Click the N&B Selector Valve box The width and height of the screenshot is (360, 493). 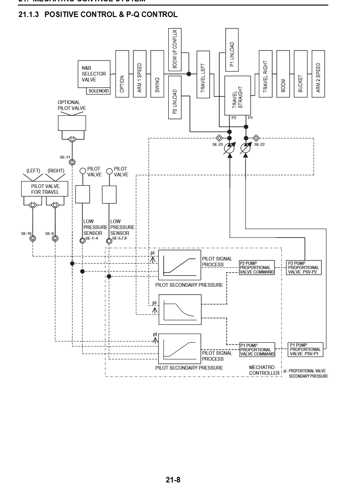[94, 74]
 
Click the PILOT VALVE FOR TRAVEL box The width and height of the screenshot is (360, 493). [45, 189]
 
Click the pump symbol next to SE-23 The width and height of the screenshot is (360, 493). [230, 147]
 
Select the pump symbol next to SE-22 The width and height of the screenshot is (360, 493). [246, 147]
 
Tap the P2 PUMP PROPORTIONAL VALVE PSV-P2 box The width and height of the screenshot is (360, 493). [303, 267]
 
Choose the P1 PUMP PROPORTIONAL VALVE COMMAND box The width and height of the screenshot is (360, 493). [257, 350]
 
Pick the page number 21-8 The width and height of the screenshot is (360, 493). [173, 480]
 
